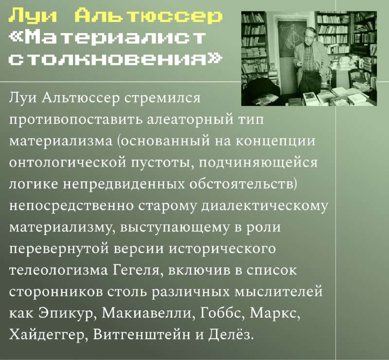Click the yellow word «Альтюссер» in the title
(148, 16)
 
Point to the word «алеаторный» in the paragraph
(190, 120)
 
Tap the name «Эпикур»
(67, 313)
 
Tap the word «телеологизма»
(58, 270)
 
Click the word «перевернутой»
(59, 249)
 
